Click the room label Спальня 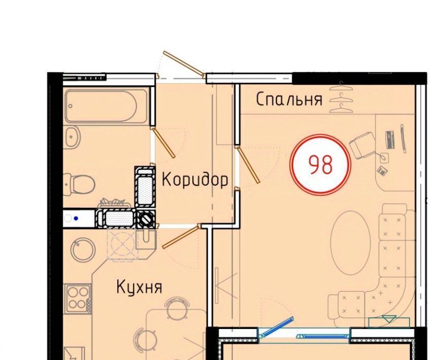tap(289, 99)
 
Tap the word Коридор tap(195, 179)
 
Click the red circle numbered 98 tap(320, 165)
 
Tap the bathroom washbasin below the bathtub tap(72, 137)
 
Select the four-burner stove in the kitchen tap(78, 298)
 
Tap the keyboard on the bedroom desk tap(390, 139)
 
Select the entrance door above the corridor tap(183, 64)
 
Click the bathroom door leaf tap(163, 142)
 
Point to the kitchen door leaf tap(181, 236)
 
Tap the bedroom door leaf tap(248, 165)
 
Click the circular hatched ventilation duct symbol tap(146, 220)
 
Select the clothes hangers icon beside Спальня tap(340, 97)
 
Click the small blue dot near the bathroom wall tap(76, 219)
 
